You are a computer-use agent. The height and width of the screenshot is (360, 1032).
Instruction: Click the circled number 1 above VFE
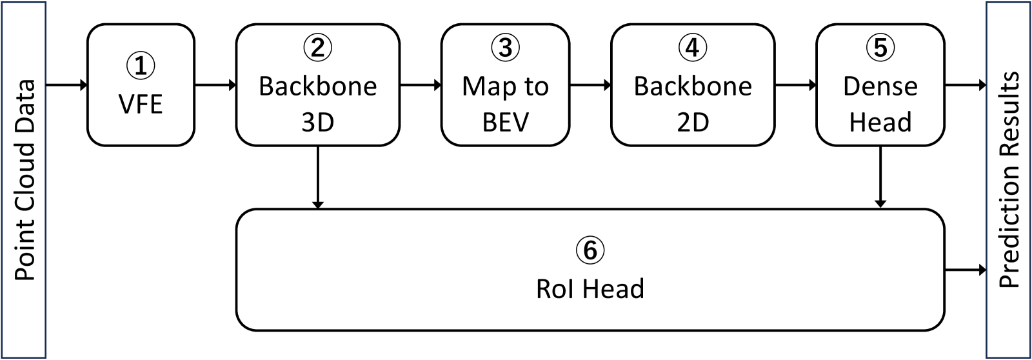[x=141, y=66]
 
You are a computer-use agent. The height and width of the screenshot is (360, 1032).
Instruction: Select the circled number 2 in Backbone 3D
[x=317, y=48]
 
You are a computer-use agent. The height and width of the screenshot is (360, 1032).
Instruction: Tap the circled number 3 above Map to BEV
[x=505, y=48]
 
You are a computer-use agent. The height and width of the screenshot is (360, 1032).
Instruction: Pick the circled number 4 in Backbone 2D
[x=693, y=48]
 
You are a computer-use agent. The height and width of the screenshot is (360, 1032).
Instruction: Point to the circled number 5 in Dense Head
[x=880, y=48]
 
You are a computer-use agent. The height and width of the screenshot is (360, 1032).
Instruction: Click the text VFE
[x=141, y=104]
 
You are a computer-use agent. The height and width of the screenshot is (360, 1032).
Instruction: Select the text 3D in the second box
[x=317, y=122]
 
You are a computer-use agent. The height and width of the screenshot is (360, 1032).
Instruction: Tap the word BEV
[x=505, y=122]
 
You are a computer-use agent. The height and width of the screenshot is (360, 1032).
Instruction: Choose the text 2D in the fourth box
[x=693, y=122]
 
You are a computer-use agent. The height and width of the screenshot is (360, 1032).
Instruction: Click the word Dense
[x=880, y=86]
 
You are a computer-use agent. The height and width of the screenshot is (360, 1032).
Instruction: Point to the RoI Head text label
[x=590, y=288]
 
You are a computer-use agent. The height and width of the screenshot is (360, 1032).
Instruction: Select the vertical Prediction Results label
[x=1009, y=180]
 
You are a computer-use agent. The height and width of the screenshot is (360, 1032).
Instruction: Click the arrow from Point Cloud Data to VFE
[x=66, y=85]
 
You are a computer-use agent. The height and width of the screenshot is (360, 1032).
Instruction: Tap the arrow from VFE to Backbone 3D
[x=215, y=85]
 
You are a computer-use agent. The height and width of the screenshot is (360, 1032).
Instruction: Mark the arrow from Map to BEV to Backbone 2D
[x=590, y=85]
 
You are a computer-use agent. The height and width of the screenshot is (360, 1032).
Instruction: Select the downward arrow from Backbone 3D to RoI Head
[x=317, y=177]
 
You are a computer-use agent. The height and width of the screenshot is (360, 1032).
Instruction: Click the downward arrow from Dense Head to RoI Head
[x=880, y=177]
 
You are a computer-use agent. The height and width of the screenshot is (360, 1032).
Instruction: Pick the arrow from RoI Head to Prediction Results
[x=965, y=269]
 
